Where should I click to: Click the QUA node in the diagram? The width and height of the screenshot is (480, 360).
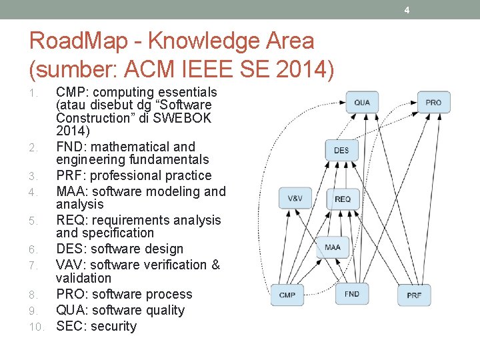coord(362,102)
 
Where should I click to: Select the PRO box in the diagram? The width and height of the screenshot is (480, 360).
coord(433,102)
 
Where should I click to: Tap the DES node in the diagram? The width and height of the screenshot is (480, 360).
coord(341,150)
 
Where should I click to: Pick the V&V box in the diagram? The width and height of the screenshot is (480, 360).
coord(295,198)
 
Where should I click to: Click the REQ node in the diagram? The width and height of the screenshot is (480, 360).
coord(343,199)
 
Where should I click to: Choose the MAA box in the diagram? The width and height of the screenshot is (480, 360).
coord(333,247)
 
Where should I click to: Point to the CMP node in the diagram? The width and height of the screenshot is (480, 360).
coord(287,295)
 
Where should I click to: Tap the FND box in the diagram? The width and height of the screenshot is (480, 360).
coord(351,293)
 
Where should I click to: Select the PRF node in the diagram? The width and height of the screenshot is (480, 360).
coord(414,295)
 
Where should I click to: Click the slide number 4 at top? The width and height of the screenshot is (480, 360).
coord(407,9)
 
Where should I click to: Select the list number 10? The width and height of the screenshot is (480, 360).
coord(36,327)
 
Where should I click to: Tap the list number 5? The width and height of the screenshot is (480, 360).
coord(33,221)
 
